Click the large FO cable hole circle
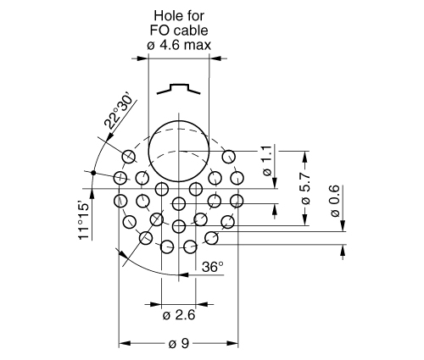tap(149, 152)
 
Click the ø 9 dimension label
tap(178, 344)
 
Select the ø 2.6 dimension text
tap(179, 315)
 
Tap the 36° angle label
tap(213, 267)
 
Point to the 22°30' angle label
tap(119, 111)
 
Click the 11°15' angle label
tap(84, 220)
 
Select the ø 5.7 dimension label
tap(305, 188)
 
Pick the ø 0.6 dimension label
tap(335, 201)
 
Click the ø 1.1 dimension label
tap(267, 161)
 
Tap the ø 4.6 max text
tap(179, 45)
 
